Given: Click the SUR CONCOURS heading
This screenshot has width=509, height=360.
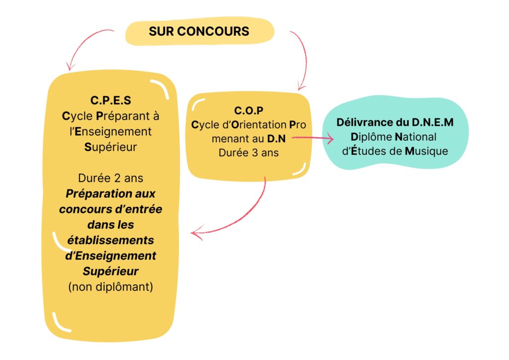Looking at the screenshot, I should point(199,31).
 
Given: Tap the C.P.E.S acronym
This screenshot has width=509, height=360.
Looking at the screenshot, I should point(111,101).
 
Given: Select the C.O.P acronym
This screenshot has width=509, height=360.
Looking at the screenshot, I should point(249,110).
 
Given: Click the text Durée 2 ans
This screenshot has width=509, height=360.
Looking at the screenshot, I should point(110,178).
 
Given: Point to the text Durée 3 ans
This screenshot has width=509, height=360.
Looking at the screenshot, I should point(249,153).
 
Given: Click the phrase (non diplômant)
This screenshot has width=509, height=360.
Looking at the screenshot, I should point(110,286).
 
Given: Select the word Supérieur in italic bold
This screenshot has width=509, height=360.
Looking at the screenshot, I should point(110,271).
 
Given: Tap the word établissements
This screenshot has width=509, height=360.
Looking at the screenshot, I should point(110,240).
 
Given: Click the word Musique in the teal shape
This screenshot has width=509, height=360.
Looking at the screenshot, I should point(426,151).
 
